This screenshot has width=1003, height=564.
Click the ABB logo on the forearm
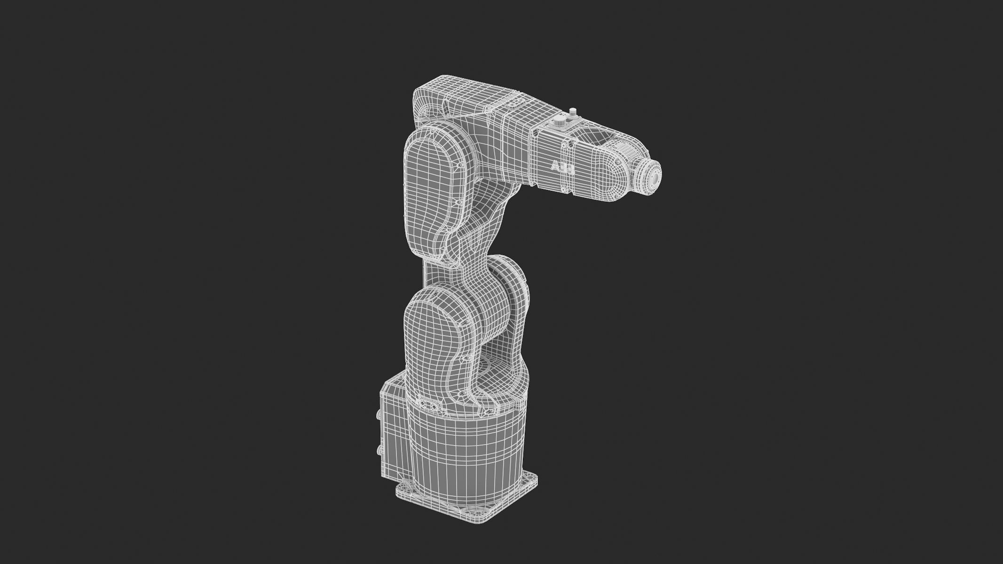pos(562,168)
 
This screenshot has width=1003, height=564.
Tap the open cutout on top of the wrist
pos(599,136)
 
